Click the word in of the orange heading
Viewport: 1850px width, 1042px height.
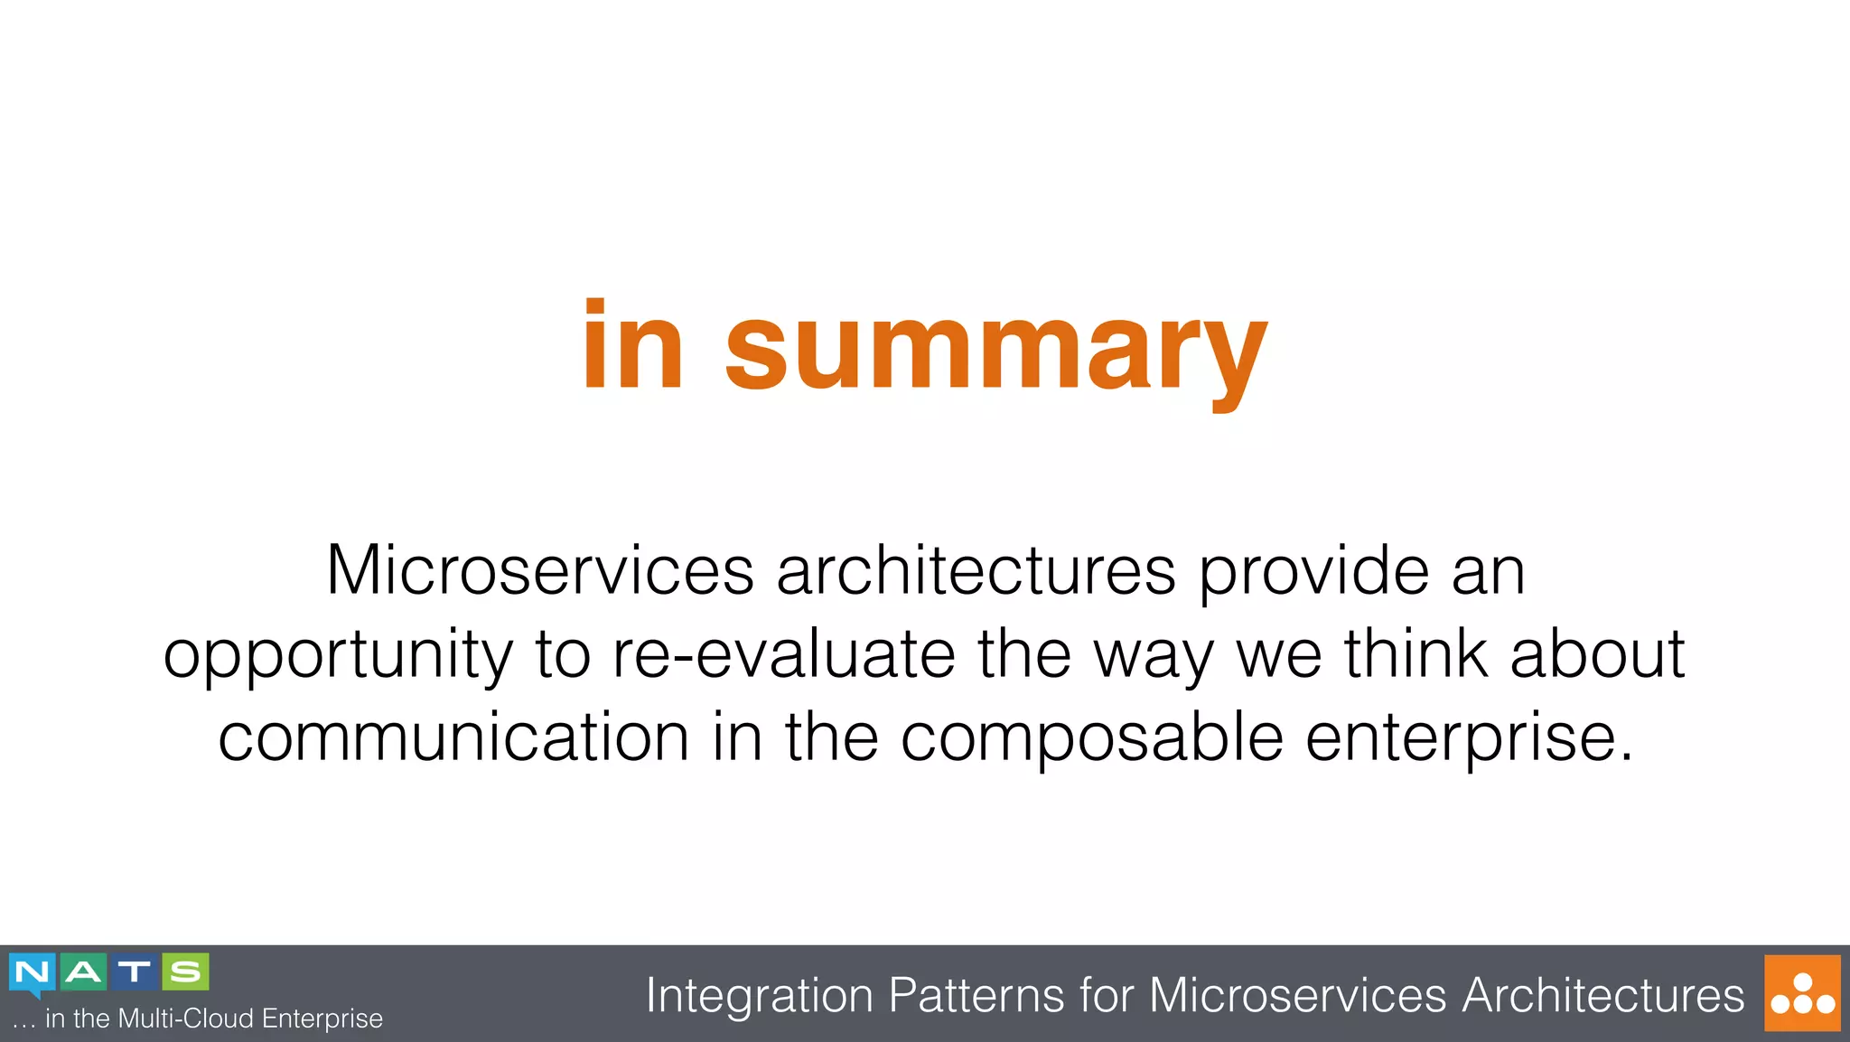pos(632,347)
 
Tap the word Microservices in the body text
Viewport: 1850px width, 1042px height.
pos(539,571)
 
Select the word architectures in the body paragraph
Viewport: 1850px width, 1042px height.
pos(976,571)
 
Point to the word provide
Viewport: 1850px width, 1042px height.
pos(1313,571)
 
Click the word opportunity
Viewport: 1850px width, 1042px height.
pos(338,656)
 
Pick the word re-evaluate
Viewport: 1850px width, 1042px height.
pos(783,654)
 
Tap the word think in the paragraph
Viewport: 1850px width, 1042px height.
pos(1416,654)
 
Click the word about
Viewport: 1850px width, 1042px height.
pos(1597,654)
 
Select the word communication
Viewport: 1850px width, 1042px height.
pos(453,737)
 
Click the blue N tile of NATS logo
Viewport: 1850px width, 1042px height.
pos(33,973)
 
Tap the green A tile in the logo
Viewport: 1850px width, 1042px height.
pos(83,972)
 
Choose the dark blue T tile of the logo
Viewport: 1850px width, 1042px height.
pos(135,972)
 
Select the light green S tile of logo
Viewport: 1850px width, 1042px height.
pos(186,972)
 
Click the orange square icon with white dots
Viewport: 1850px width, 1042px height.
pos(1802,993)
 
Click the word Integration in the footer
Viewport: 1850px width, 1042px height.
pos(759,996)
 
